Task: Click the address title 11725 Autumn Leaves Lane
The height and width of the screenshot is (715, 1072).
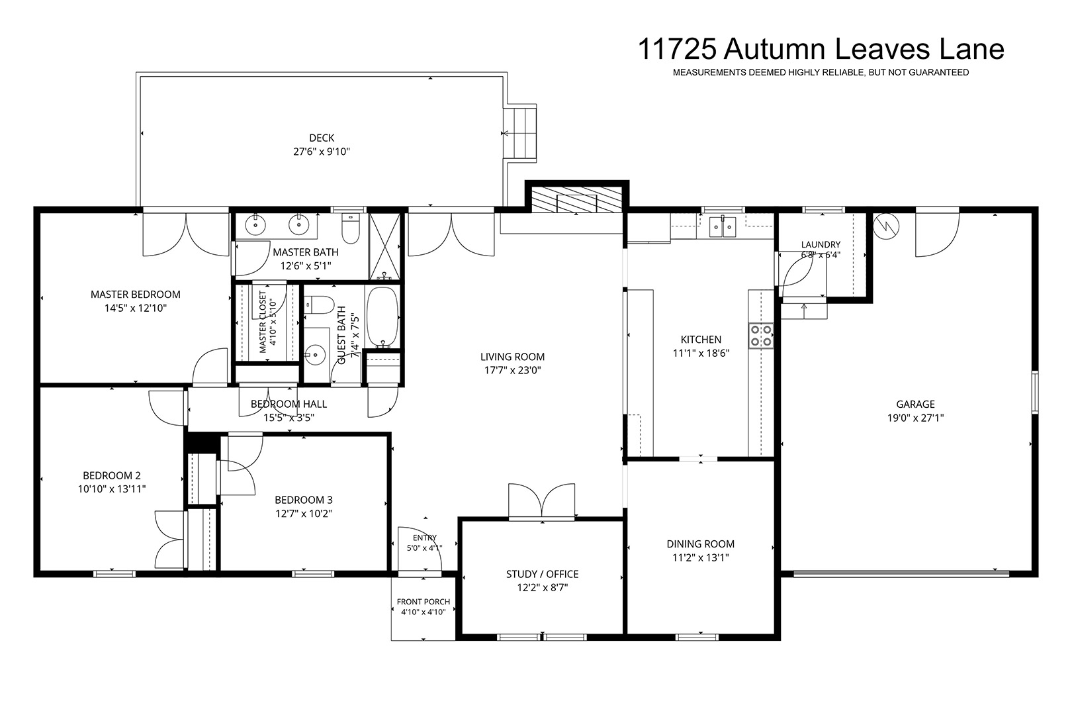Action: (x=821, y=50)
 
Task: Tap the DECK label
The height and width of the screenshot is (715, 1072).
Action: (x=322, y=138)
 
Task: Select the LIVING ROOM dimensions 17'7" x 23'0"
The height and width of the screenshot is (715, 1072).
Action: (x=513, y=370)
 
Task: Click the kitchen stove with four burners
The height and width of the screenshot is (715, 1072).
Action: (x=761, y=335)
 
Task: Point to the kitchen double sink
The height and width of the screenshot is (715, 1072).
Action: (x=722, y=226)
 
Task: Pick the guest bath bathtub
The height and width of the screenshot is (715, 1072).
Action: (x=382, y=317)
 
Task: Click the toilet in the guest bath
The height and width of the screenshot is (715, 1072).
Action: (x=319, y=305)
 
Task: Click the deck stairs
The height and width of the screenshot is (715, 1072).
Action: (x=519, y=133)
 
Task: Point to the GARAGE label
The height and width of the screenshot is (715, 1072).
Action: (x=916, y=405)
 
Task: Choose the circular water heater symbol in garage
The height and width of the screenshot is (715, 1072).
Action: (x=886, y=226)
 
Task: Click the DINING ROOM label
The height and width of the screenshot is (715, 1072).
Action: (x=701, y=544)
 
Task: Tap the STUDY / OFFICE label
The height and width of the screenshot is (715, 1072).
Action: (x=542, y=574)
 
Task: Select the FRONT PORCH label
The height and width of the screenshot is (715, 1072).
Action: (x=424, y=602)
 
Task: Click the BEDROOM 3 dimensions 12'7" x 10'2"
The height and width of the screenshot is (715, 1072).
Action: (x=304, y=514)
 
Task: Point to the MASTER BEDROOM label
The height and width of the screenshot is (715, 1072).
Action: (x=136, y=295)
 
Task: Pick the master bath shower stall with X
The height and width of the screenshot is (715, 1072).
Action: (x=384, y=246)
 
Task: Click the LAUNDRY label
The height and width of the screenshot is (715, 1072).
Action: (x=821, y=245)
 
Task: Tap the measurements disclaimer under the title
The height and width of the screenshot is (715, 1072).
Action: (x=821, y=72)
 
